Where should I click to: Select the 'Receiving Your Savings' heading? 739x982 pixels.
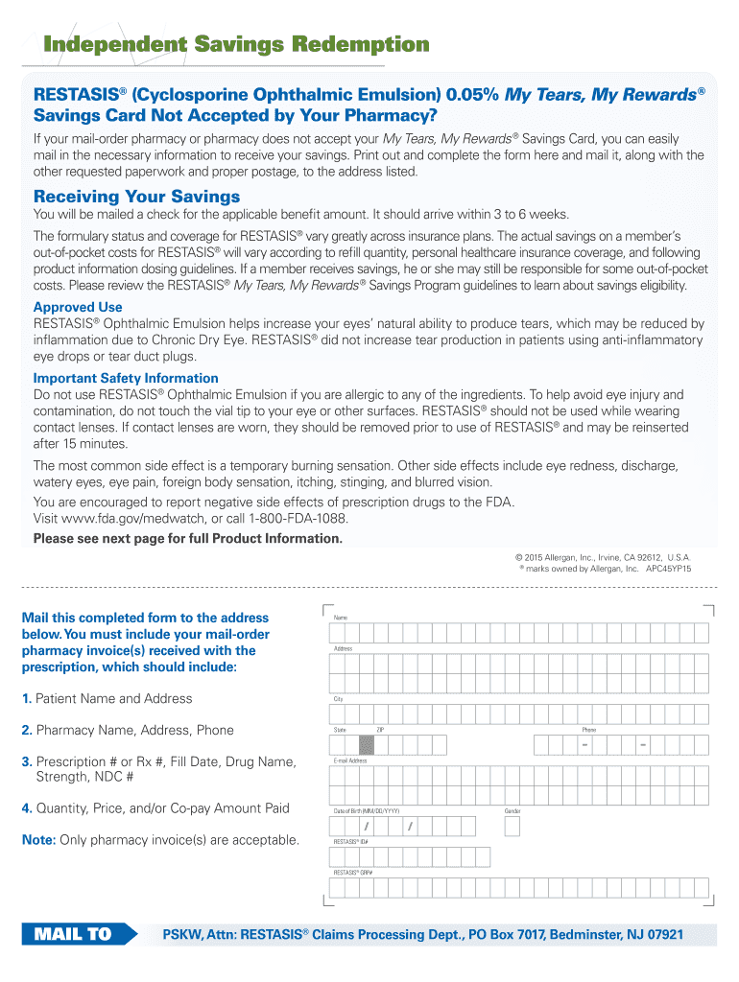tap(136, 197)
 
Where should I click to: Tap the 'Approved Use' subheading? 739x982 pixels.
tap(78, 308)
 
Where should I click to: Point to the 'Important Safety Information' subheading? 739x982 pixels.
tap(126, 378)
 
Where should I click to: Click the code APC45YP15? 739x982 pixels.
tap(668, 569)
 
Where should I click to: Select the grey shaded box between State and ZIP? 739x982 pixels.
tap(367, 745)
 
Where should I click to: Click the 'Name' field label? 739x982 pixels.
tap(340, 618)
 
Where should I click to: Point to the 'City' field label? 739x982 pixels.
tap(338, 699)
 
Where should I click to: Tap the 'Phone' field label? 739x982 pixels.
tap(588, 730)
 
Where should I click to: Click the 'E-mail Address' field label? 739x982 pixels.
tap(350, 760)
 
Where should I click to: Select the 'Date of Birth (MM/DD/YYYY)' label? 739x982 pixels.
tap(367, 811)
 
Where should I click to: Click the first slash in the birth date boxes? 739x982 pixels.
tap(366, 827)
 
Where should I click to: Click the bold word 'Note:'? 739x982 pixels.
tap(38, 840)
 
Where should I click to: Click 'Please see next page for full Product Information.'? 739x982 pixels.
tap(188, 538)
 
